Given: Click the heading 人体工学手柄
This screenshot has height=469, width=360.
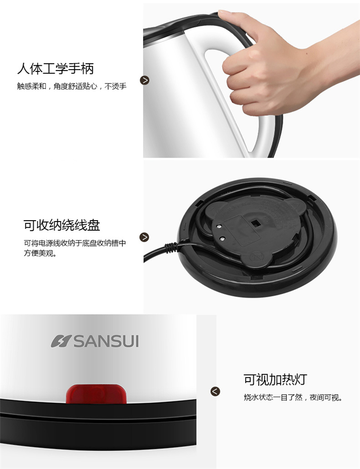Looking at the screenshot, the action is point(55,69).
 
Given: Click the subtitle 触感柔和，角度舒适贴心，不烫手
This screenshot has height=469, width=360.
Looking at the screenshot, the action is point(72,86).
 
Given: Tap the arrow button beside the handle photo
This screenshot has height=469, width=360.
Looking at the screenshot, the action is point(144,80).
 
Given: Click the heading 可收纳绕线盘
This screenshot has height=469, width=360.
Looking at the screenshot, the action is point(62,225).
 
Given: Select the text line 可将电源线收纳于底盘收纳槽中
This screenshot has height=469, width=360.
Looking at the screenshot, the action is point(75,243).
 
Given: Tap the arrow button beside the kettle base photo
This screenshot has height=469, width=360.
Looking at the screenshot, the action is point(144,237).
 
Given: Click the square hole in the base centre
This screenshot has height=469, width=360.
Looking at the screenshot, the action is point(255,223).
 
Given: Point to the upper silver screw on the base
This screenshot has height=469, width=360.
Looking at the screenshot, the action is point(219,227).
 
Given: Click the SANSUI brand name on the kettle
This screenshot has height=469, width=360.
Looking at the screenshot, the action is point(107,341).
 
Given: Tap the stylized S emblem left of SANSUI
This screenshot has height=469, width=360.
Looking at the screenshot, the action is point(61,341).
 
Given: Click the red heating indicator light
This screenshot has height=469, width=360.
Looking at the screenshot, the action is point(96,394).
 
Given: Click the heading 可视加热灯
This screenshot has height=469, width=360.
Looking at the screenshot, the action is point(275,380).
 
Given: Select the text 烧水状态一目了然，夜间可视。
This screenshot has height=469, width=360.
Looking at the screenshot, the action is point(293,398).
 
